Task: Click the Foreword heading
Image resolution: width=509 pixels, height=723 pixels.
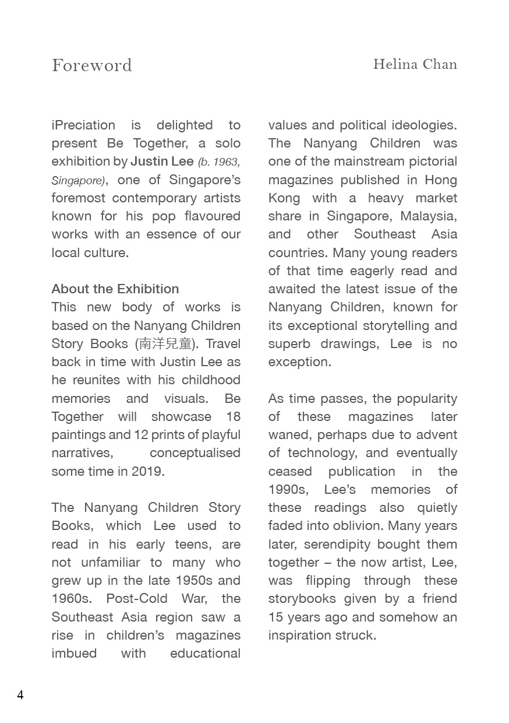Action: coord(92,65)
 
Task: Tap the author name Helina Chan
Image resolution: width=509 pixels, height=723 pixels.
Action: coord(415,64)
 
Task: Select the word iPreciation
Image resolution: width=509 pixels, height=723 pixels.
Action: coord(83,125)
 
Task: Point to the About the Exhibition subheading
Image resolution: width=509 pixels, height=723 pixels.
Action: coord(115,289)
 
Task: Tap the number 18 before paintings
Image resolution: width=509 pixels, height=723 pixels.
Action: coord(233,417)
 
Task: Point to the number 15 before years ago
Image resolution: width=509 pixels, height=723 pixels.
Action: coord(275,617)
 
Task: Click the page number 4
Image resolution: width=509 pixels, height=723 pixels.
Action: coord(20,695)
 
